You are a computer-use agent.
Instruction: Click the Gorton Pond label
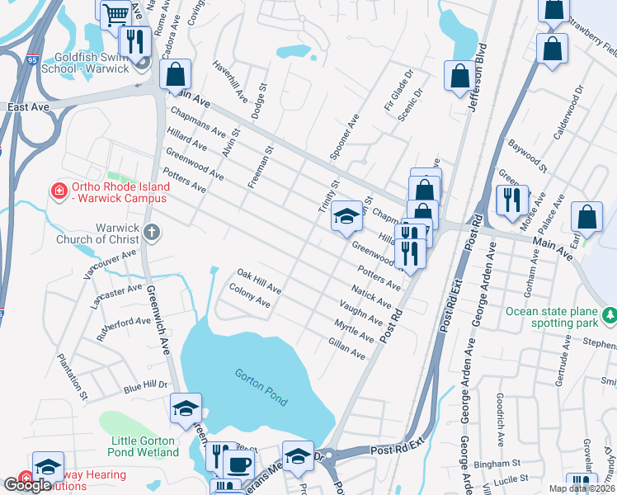click(x=260, y=387)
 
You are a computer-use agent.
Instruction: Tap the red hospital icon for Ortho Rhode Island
click(x=59, y=192)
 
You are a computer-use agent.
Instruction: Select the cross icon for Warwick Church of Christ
click(x=150, y=233)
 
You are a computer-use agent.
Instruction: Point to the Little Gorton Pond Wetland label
click(x=144, y=445)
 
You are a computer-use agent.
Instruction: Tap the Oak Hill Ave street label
click(x=259, y=281)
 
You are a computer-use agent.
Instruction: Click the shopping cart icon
click(x=115, y=12)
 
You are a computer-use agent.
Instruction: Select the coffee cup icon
click(x=239, y=464)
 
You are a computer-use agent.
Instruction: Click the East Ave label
click(x=23, y=107)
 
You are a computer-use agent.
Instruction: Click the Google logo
click(x=26, y=485)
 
